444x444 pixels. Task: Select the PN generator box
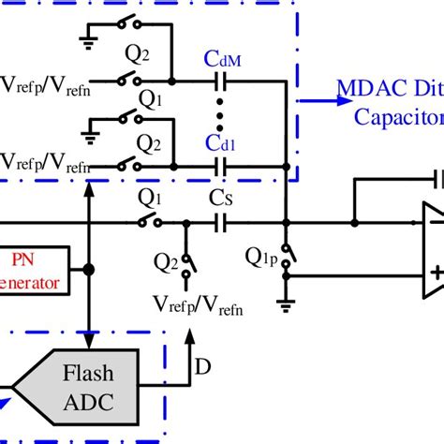click(x=34, y=271)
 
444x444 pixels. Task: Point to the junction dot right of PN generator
click(x=88, y=271)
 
